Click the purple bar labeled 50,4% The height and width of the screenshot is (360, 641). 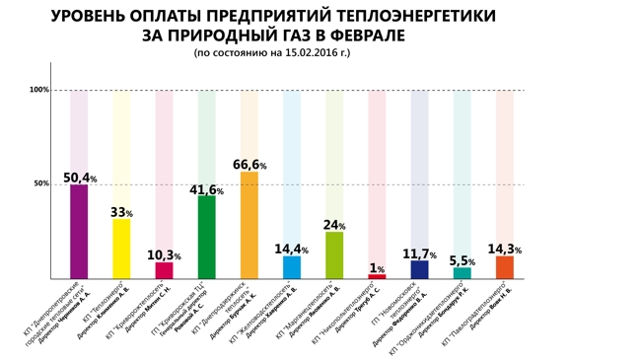pyautogui.click(x=79, y=232)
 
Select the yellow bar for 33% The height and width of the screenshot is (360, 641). pyautogui.click(x=121, y=249)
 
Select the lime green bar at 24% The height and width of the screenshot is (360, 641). pyautogui.click(x=334, y=254)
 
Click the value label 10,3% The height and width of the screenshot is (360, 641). pyautogui.click(x=164, y=255)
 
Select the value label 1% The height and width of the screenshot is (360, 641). pyautogui.click(x=377, y=268)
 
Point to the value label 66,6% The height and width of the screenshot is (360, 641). pyautogui.click(x=249, y=165)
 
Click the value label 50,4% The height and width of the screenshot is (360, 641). pyautogui.click(x=80, y=179)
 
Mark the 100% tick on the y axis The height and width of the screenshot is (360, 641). pyautogui.click(x=39, y=91)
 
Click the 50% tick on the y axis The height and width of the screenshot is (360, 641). pyautogui.click(x=41, y=184)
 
